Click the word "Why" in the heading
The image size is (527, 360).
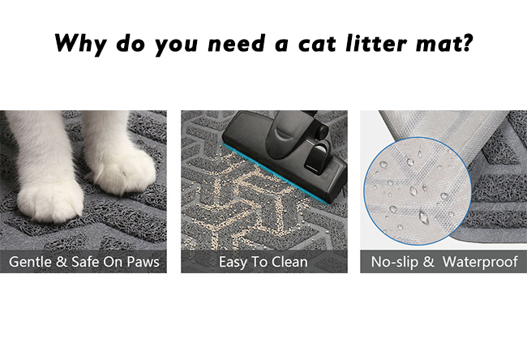click(80, 44)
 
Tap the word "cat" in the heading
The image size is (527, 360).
click(317, 44)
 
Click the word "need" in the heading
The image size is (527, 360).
click(236, 43)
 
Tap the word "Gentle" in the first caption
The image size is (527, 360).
click(30, 262)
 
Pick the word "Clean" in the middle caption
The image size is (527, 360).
click(289, 262)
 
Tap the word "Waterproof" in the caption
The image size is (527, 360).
click(480, 262)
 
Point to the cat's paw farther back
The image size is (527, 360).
click(124, 171)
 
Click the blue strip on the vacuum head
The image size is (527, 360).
click(275, 174)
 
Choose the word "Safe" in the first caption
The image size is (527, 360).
click(85, 262)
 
